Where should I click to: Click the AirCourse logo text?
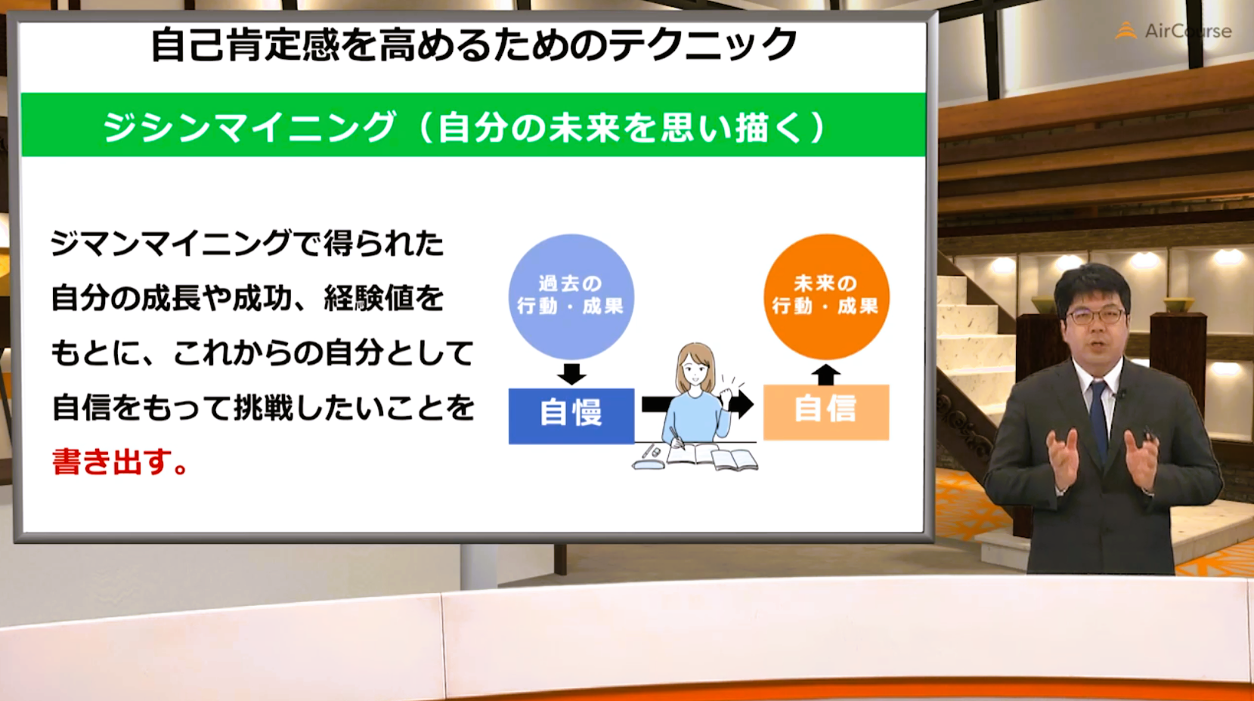point(1188,31)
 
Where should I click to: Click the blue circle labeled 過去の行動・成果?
point(571,297)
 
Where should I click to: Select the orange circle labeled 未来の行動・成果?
point(826,297)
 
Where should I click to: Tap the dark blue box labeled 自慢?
point(571,415)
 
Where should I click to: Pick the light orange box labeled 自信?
point(826,412)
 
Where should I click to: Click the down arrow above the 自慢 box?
point(571,374)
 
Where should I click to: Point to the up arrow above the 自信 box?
point(825,374)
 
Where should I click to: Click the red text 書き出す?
point(119,462)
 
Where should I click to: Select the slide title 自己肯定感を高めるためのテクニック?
point(474,45)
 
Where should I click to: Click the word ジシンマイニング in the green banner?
point(249,126)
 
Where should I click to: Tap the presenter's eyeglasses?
point(1095,317)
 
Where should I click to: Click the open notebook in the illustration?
point(712,456)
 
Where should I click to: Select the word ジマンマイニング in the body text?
point(171,243)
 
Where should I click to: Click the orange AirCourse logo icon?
point(1126,30)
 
